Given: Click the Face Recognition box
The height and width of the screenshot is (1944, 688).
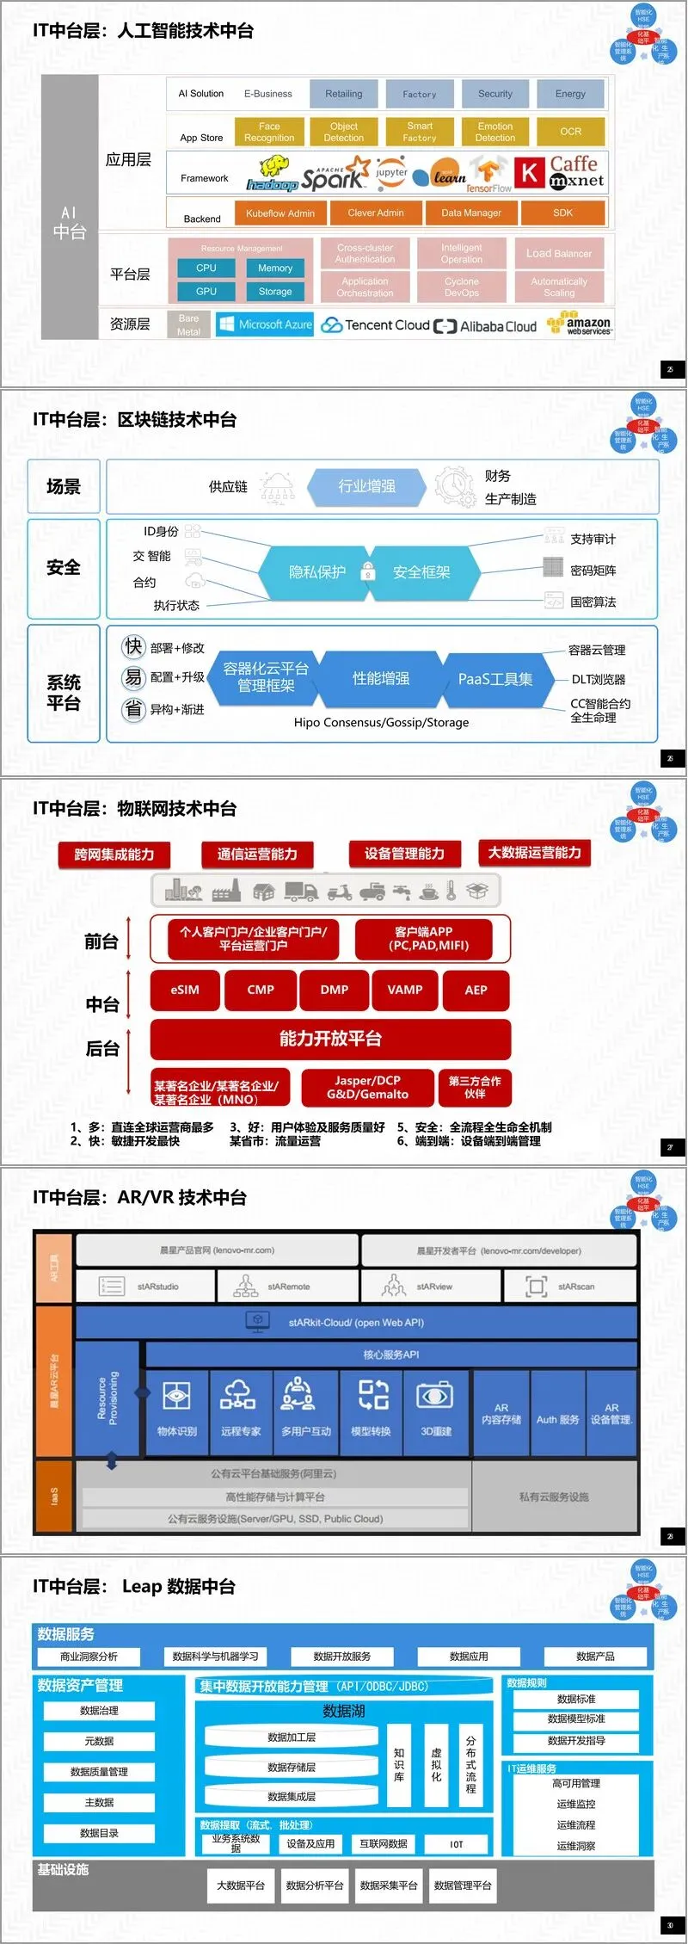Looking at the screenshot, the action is point(269,132).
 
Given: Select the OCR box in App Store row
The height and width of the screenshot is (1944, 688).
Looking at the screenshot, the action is point(570,132).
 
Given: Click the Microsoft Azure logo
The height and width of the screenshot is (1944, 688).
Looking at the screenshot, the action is point(265,324).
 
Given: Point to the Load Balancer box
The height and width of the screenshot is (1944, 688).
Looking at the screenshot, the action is point(559,254).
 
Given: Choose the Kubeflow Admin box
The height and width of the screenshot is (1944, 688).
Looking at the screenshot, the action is point(280,213).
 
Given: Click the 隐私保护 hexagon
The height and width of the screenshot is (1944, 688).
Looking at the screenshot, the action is point(317,572).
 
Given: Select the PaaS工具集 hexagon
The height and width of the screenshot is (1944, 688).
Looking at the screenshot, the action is point(494,679).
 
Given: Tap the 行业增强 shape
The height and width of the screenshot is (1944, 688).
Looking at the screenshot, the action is point(366,486).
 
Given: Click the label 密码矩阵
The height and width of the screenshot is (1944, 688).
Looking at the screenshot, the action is point(593,571).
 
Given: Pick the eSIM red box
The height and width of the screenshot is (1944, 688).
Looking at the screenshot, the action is point(185,990).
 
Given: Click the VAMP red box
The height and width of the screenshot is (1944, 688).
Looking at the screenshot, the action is point(404,990).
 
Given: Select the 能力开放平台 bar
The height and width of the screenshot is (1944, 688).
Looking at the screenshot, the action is point(330,1039).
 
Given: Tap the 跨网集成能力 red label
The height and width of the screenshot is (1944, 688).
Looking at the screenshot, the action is point(114,854).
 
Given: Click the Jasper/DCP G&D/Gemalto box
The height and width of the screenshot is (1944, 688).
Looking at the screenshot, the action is point(367,1088).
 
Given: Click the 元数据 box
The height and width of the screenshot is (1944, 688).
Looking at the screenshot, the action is point(99,1741).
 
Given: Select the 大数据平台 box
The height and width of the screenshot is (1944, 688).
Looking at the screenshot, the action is point(240,1885).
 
